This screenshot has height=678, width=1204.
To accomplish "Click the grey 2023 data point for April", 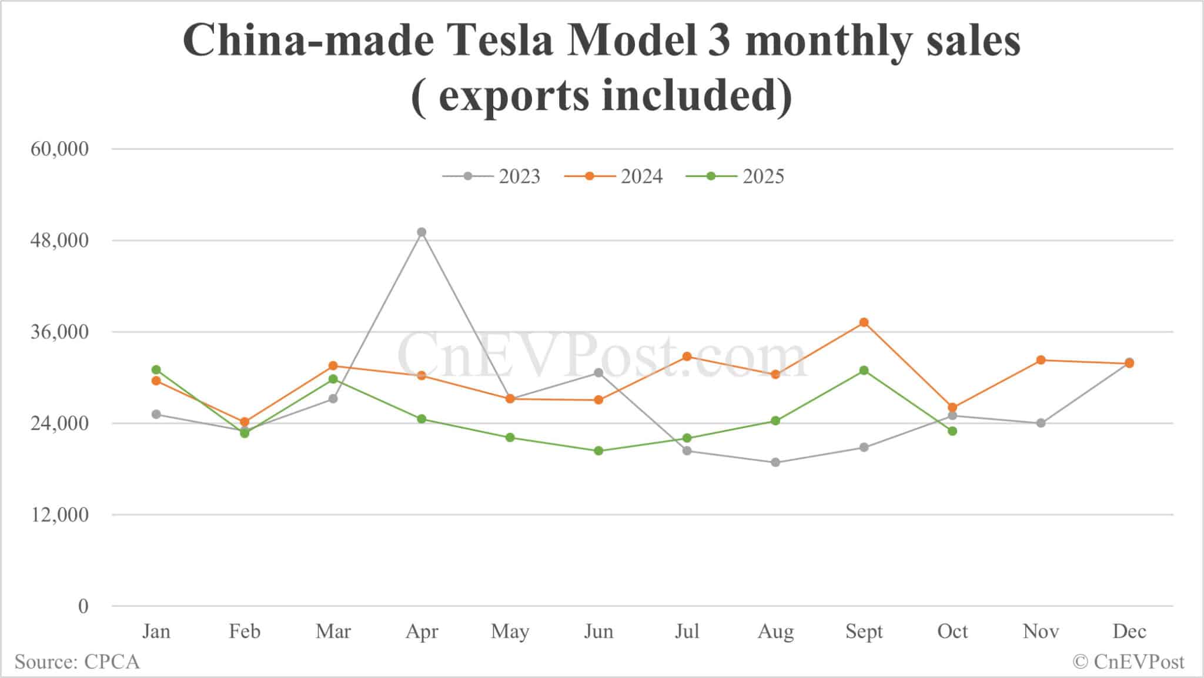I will (x=422, y=232).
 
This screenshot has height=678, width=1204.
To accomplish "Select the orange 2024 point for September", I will (x=864, y=322).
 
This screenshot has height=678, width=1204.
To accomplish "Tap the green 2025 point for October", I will (x=952, y=431).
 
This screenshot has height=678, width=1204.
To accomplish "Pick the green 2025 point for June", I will (x=598, y=451).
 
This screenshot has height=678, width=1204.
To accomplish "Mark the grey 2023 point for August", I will (x=775, y=462).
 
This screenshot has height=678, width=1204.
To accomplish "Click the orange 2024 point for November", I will (x=1041, y=360).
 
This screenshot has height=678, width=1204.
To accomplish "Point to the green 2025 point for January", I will (x=156, y=370).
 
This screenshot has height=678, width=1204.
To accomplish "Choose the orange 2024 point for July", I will (x=687, y=356).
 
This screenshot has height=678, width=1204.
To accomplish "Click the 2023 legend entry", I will (x=491, y=176).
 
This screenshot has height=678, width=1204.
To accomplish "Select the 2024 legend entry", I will (x=614, y=176).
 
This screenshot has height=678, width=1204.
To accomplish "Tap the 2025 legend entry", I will (x=735, y=176).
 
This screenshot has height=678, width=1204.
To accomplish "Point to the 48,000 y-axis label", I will (x=59, y=241).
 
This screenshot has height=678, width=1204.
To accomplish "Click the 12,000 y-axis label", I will (x=59, y=515).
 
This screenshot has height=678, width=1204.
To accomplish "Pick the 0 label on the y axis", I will (x=83, y=606).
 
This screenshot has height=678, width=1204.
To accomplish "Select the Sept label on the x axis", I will (x=864, y=632).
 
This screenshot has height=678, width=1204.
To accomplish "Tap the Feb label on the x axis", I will (x=245, y=632).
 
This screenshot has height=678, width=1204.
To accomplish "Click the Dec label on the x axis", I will (x=1129, y=632).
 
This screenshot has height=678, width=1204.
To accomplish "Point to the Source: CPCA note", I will (x=77, y=662).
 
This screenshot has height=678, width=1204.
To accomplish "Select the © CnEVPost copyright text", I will (x=1128, y=662).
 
